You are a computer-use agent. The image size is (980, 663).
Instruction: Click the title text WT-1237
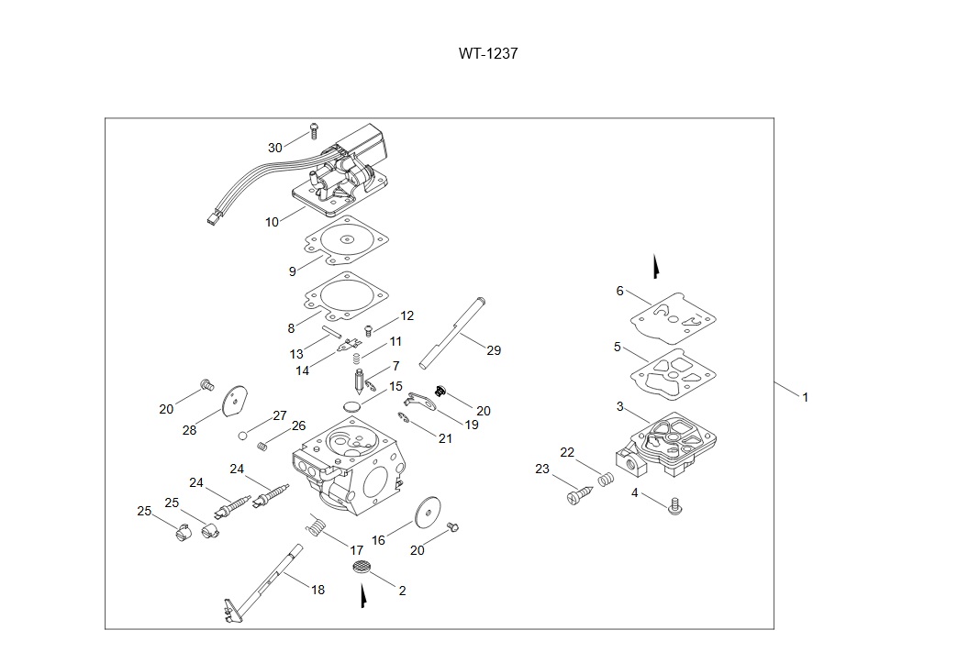pyautogui.click(x=488, y=53)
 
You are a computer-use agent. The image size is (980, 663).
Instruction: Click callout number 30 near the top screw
pyautogui.click(x=275, y=148)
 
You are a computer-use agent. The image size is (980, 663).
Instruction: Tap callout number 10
pyautogui.click(x=272, y=222)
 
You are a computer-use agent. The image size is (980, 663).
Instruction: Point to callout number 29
pyautogui.click(x=494, y=350)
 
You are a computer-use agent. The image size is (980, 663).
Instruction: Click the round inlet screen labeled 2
pyautogui.click(x=362, y=566)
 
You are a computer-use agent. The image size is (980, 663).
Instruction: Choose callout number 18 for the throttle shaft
pyautogui.click(x=317, y=590)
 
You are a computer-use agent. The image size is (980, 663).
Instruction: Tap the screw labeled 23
pyautogui.click(x=577, y=495)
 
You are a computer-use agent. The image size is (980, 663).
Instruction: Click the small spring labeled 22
pyautogui.click(x=605, y=479)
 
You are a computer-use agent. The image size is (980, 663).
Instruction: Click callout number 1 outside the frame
pyautogui.click(x=805, y=397)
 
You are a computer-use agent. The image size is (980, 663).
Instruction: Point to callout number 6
pyautogui.click(x=619, y=291)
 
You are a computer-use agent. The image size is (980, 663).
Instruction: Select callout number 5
pyautogui.click(x=618, y=348)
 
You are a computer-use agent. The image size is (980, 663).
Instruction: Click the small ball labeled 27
pyautogui.click(x=244, y=435)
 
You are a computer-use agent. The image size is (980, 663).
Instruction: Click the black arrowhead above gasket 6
pyautogui.click(x=656, y=267)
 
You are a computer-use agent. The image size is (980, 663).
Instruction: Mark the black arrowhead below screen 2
pyautogui.click(x=364, y=598)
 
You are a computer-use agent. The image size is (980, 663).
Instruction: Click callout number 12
pyautogui.click(x=407, y=315)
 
